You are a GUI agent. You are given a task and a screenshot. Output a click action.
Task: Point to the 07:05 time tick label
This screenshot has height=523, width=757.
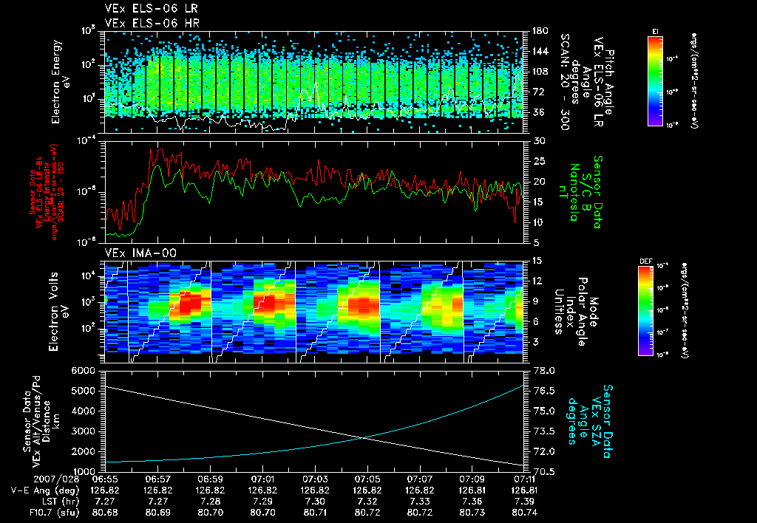tap(367, 479)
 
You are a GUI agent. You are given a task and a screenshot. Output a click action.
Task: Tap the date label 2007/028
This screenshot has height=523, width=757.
tap(29, 479)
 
